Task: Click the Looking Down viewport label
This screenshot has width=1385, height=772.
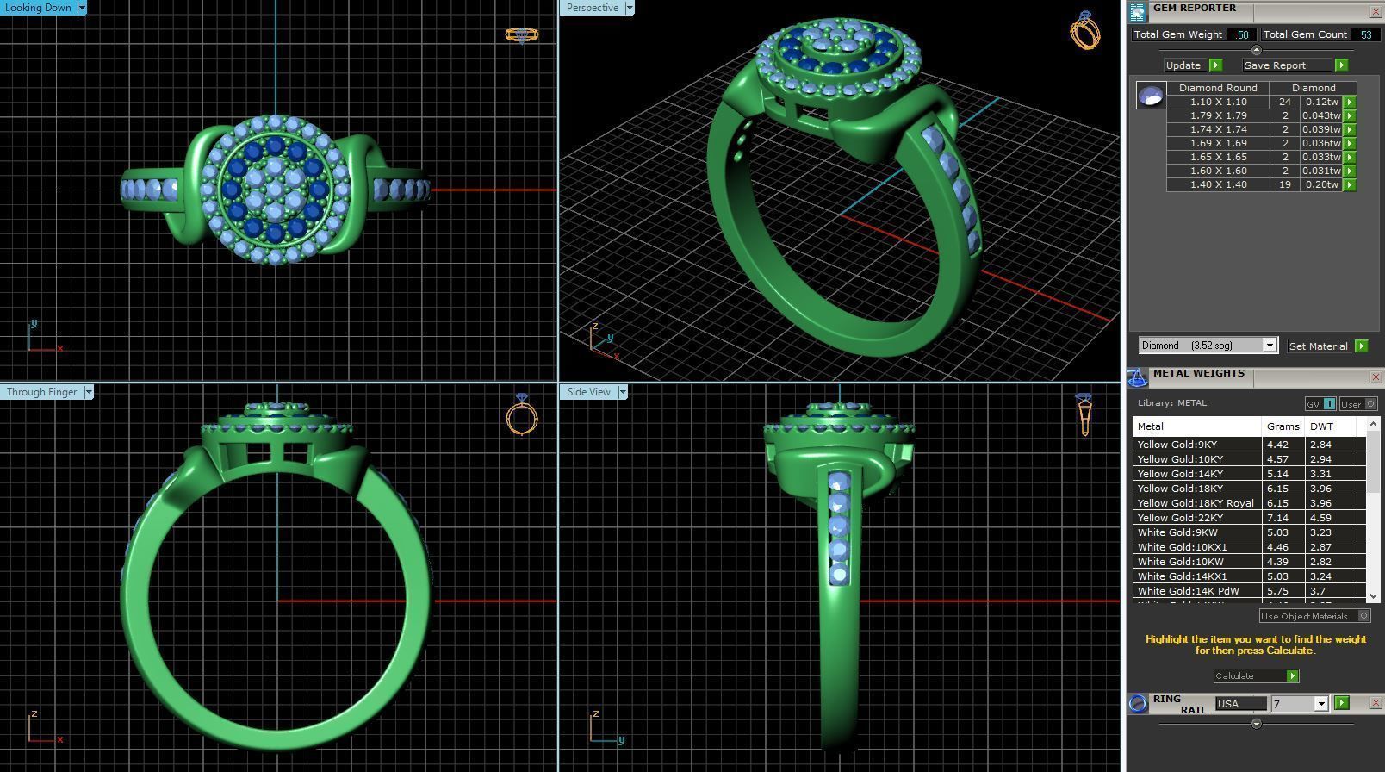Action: pos(39,8)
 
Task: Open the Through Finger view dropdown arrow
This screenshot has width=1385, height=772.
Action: pos(88,392)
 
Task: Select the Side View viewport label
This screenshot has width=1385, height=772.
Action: pos(589,392)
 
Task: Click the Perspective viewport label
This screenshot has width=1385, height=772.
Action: pos(593,8)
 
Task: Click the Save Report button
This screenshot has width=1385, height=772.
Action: pos(1275,65)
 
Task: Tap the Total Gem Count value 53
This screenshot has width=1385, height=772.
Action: pos(1365,34)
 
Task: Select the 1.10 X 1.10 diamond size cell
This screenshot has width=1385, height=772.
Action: pos(1218,102)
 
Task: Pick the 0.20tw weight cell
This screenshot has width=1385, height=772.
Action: pos(1321,184)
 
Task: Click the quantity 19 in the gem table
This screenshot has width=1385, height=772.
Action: pos(1285,184)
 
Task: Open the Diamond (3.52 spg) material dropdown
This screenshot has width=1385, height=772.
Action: pos(1269,346)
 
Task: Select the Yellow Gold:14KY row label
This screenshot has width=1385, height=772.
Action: pos(1180,474)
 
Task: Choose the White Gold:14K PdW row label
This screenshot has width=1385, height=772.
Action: pos(1188,591)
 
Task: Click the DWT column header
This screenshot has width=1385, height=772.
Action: pos(1321,426)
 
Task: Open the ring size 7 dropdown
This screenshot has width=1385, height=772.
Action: pos(1320,704)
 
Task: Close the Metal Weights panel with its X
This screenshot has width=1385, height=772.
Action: pos(1376,377)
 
